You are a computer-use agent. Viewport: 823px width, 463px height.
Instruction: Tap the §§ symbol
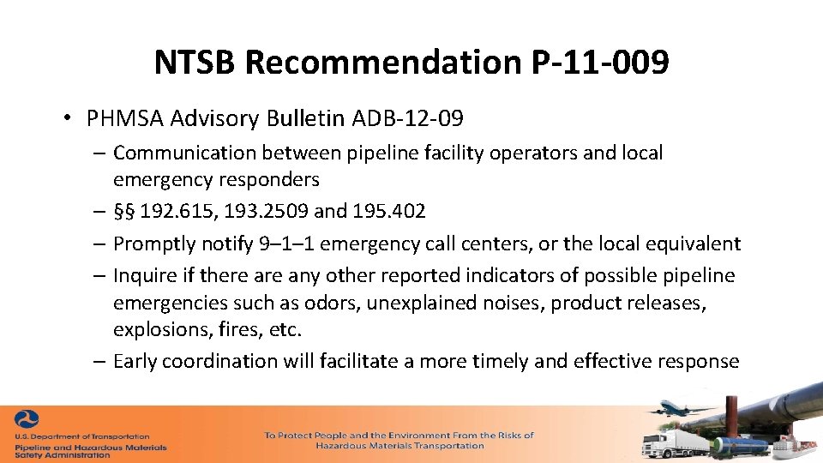(x=127, y=210)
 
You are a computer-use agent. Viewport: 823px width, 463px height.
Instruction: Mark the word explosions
(x=158, y=330)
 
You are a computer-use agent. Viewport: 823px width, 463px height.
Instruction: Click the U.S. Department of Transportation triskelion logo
(x=27, y=422)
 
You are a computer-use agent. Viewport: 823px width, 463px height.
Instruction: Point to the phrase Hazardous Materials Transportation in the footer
(x=399, y=446)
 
